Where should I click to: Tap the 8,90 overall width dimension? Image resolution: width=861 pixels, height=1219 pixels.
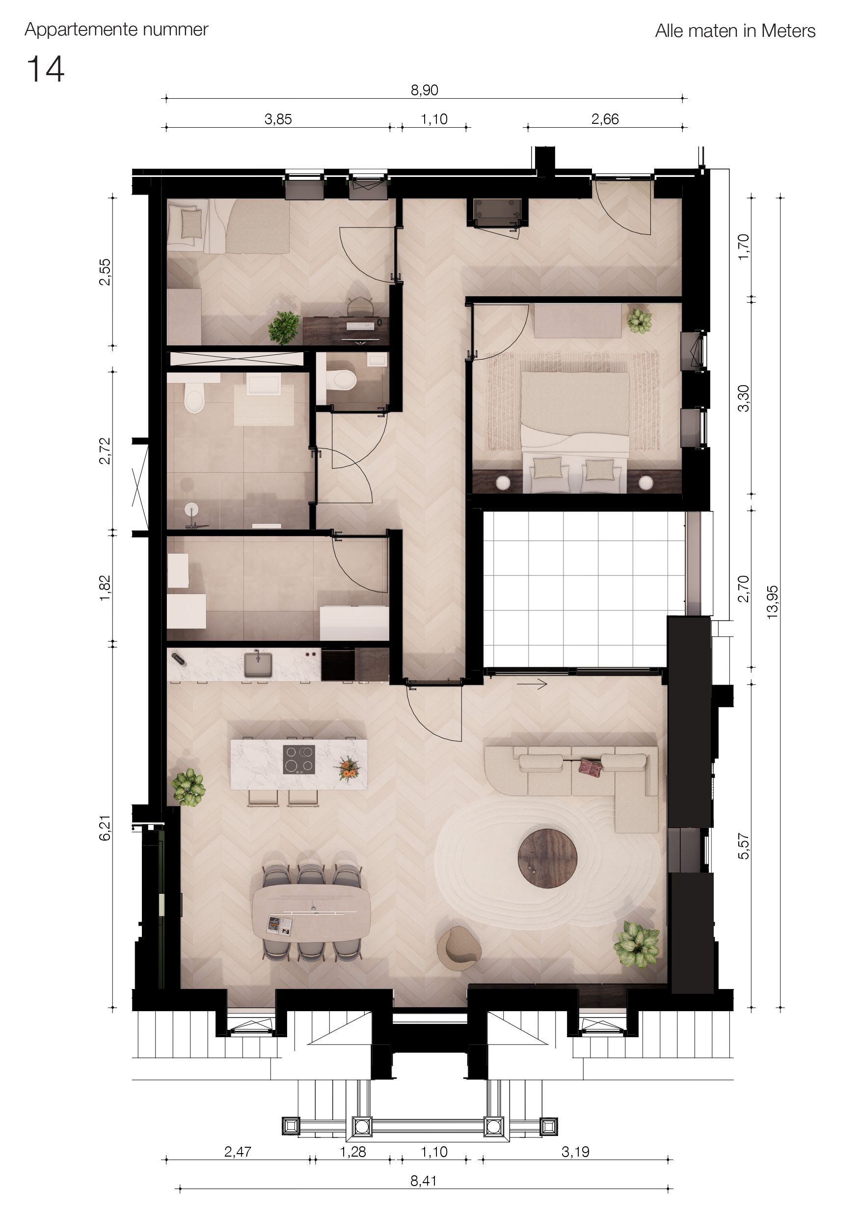pyautogui.click(x=425, y=90)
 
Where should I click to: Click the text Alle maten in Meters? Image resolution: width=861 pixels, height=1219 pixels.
pyautogui.click(x=735, y=31)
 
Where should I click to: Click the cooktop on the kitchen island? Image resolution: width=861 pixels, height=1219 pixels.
pyautogui.click(x=298, y=759)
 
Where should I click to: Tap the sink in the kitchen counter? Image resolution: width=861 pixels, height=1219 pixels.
pyautogui.click(x=258, y=665)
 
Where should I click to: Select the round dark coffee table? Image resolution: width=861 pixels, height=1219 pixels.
pyautogui.click(x=547, y=858)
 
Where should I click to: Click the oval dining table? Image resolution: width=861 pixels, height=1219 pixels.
pyautogui.click(x=311, y=911)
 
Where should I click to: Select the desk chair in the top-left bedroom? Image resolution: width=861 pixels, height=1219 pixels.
pyautogui.click(x=361, y=307)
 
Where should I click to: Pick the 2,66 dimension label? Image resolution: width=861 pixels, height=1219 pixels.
pyautogui.click(x=605, y=119)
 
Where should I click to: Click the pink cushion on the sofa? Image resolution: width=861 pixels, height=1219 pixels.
pyautogui.click(x=591, y=766)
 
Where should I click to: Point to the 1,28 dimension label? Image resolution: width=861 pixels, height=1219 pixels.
pyautogui.click(x=353, y=1152)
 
